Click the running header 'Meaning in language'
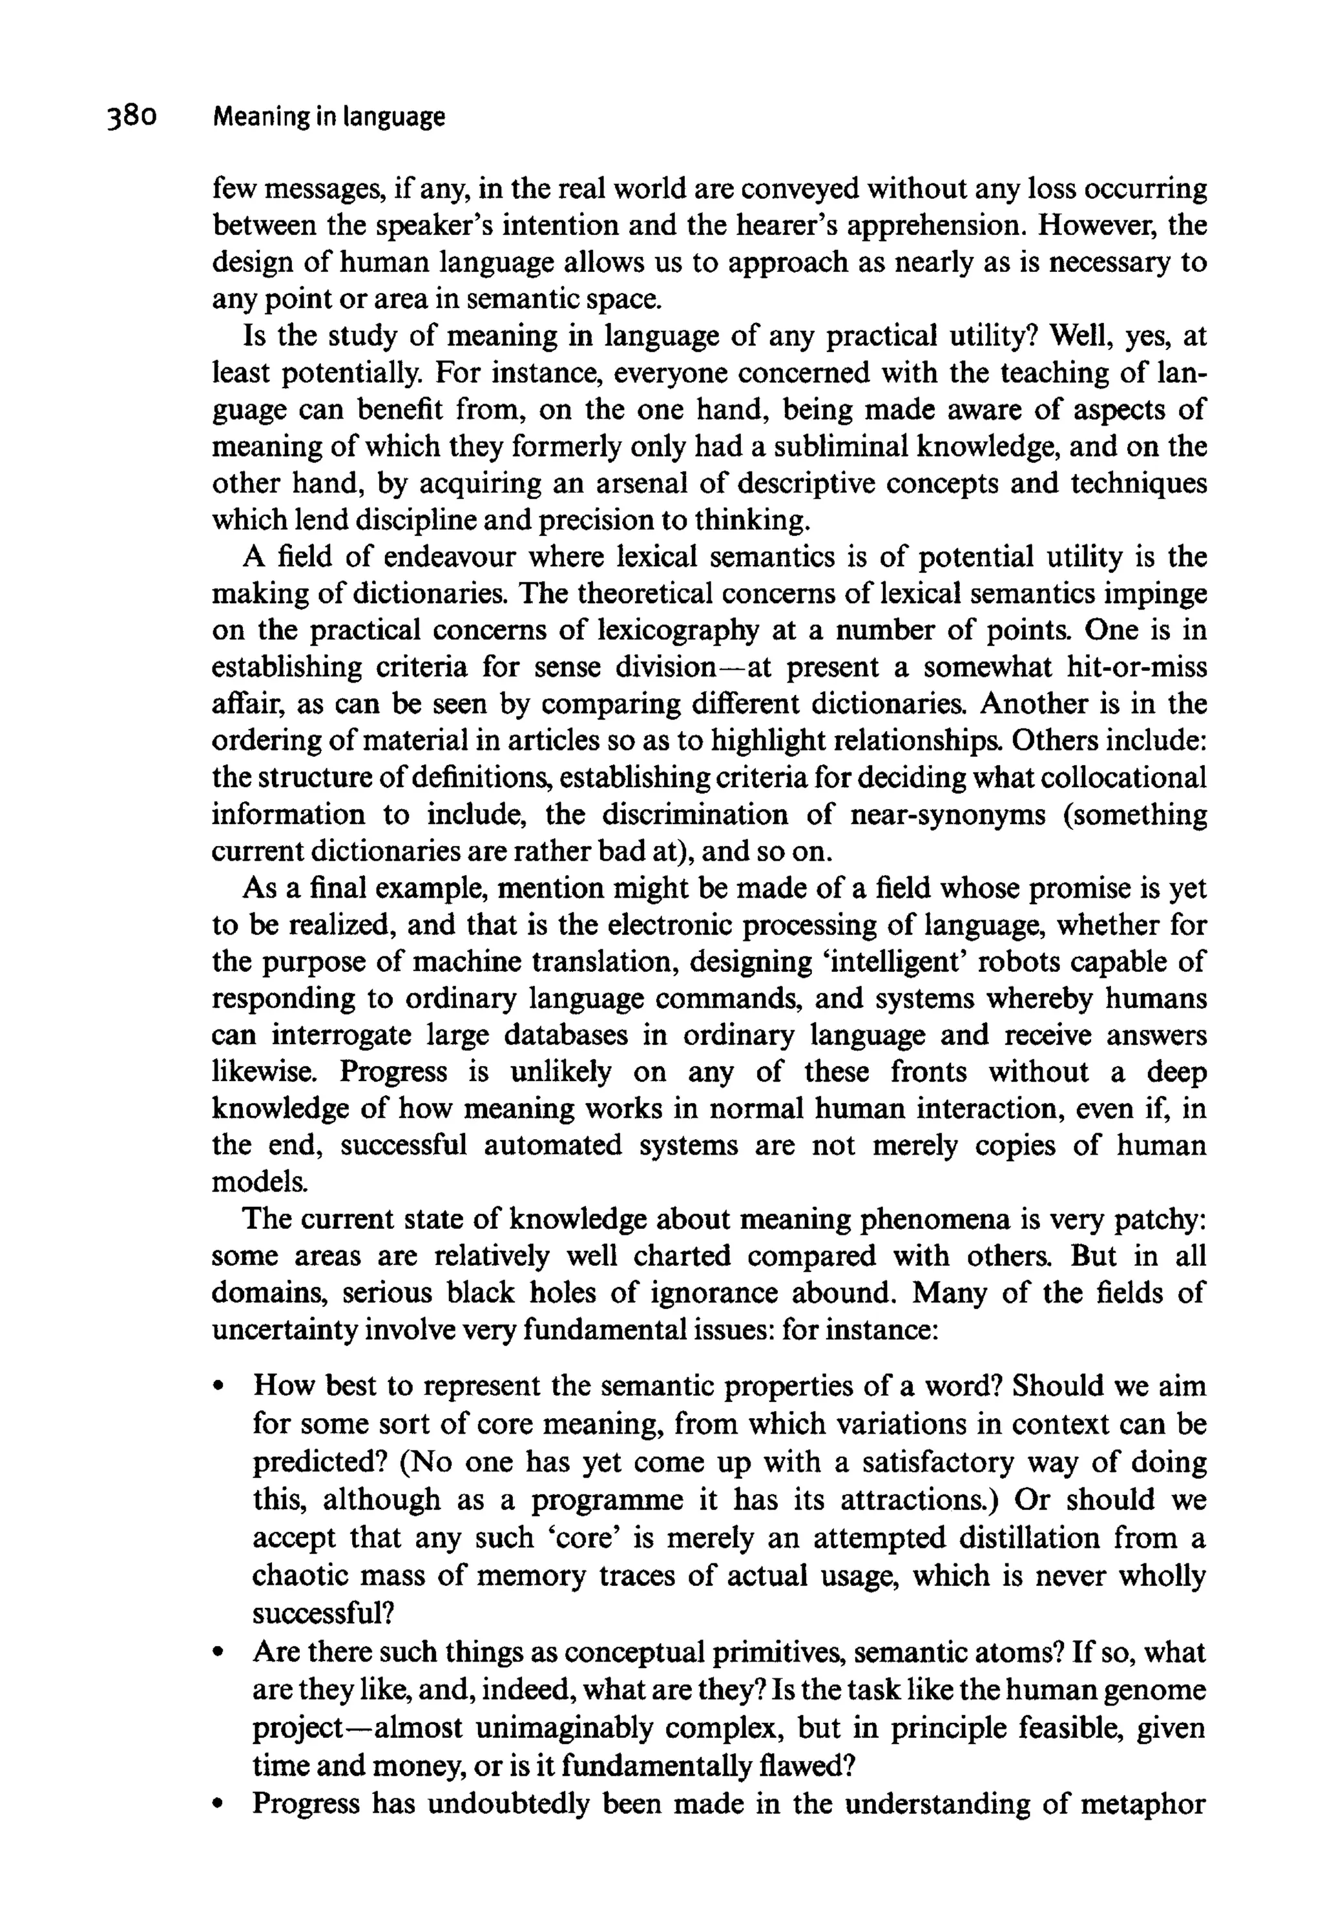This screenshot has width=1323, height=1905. click(329, 118)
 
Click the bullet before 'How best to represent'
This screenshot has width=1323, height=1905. click(220, 1386)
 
